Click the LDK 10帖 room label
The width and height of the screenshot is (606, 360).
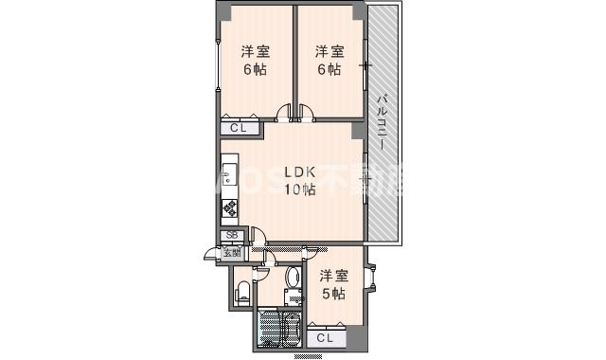point(299,181)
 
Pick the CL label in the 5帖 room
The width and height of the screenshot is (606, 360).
point(324,337)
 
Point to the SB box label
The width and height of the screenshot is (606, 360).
point(230,237)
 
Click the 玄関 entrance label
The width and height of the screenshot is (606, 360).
point(231,252)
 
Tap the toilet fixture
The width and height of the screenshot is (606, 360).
point(241,291)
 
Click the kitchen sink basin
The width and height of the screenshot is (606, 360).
point(228,177)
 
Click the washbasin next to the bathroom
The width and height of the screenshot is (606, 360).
point(293,278)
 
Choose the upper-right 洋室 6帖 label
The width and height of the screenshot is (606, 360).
point(328,61)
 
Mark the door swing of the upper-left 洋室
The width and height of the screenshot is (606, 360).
point(284,115)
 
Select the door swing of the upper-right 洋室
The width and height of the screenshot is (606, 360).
point(307,115)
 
